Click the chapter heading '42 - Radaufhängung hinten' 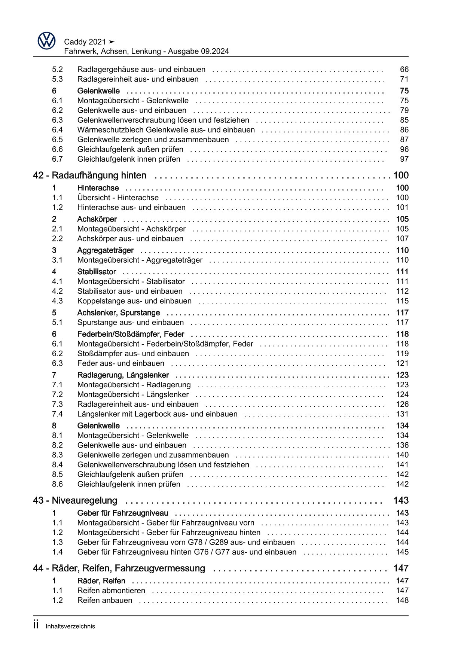[89, 176]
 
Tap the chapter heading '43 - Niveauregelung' [75, 501]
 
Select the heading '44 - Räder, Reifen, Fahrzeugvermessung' [119, 568]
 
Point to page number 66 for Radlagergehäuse [404, 70]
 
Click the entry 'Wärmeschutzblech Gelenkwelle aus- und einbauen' [166, 130]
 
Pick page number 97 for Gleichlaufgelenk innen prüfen [404, 159]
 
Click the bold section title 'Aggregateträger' [105, 250]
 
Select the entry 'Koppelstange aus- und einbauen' [134, 301]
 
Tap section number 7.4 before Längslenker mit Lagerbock [57, 414]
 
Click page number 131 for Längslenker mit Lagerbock [402, 414]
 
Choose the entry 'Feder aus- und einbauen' [120, 363]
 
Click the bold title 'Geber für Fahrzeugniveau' [122, 513]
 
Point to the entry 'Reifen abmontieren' [111, 591]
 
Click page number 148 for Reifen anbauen [402, 600]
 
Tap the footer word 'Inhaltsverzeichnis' [70, 626]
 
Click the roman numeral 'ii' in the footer [36, 625]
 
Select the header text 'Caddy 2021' [85, 42]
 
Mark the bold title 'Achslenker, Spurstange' [118, 313]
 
